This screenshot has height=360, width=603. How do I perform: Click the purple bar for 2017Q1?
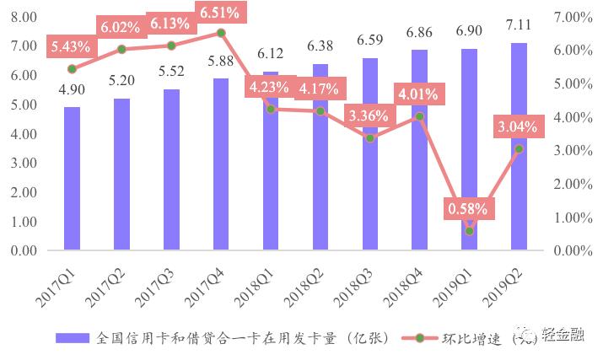coord(72,179)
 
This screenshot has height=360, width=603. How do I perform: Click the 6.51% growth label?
coord(220,13)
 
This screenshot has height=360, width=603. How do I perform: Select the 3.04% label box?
coord(519,126)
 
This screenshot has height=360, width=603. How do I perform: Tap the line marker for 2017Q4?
coord(220,33)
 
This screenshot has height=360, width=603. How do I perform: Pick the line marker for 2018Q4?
coord(419,116)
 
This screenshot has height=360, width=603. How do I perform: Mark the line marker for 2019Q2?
coord(519,148)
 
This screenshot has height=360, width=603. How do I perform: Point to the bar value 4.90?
coord(72,91)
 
